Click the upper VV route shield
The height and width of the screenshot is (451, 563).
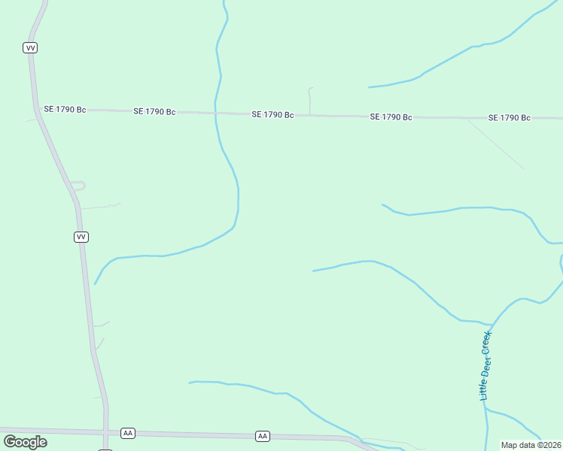[x=30, y=47]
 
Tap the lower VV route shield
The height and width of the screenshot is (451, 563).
[x=81, y=237]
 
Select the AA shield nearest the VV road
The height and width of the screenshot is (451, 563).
[x=127, y=433]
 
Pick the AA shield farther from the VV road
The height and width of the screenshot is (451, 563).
[x=262, y=436]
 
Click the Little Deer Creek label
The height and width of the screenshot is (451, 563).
[x=485, y=365]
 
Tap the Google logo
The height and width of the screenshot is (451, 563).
[x=25, y=442]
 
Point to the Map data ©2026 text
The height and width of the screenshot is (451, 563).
[x=531, y=445]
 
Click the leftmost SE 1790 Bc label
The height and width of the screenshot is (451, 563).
[x=65, y=109]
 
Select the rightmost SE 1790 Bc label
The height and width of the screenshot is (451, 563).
[x=510, y=117]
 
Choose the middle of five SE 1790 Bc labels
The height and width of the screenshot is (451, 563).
[x=272, y=114]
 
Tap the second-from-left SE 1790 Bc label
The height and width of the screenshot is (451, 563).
[x=154, y=111]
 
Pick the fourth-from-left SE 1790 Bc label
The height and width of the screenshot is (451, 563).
[x=391, y=117]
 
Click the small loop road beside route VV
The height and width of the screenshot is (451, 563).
[x=78, y=185]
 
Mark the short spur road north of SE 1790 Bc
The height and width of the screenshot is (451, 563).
[x=309, y=100]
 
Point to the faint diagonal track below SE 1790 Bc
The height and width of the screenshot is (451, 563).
[x=495, y=143]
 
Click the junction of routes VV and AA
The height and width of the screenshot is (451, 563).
[x=106, y=432]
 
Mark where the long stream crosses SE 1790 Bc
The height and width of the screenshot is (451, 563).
[x=215, y=113]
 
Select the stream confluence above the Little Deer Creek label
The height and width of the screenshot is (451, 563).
[x=493, y=325]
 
